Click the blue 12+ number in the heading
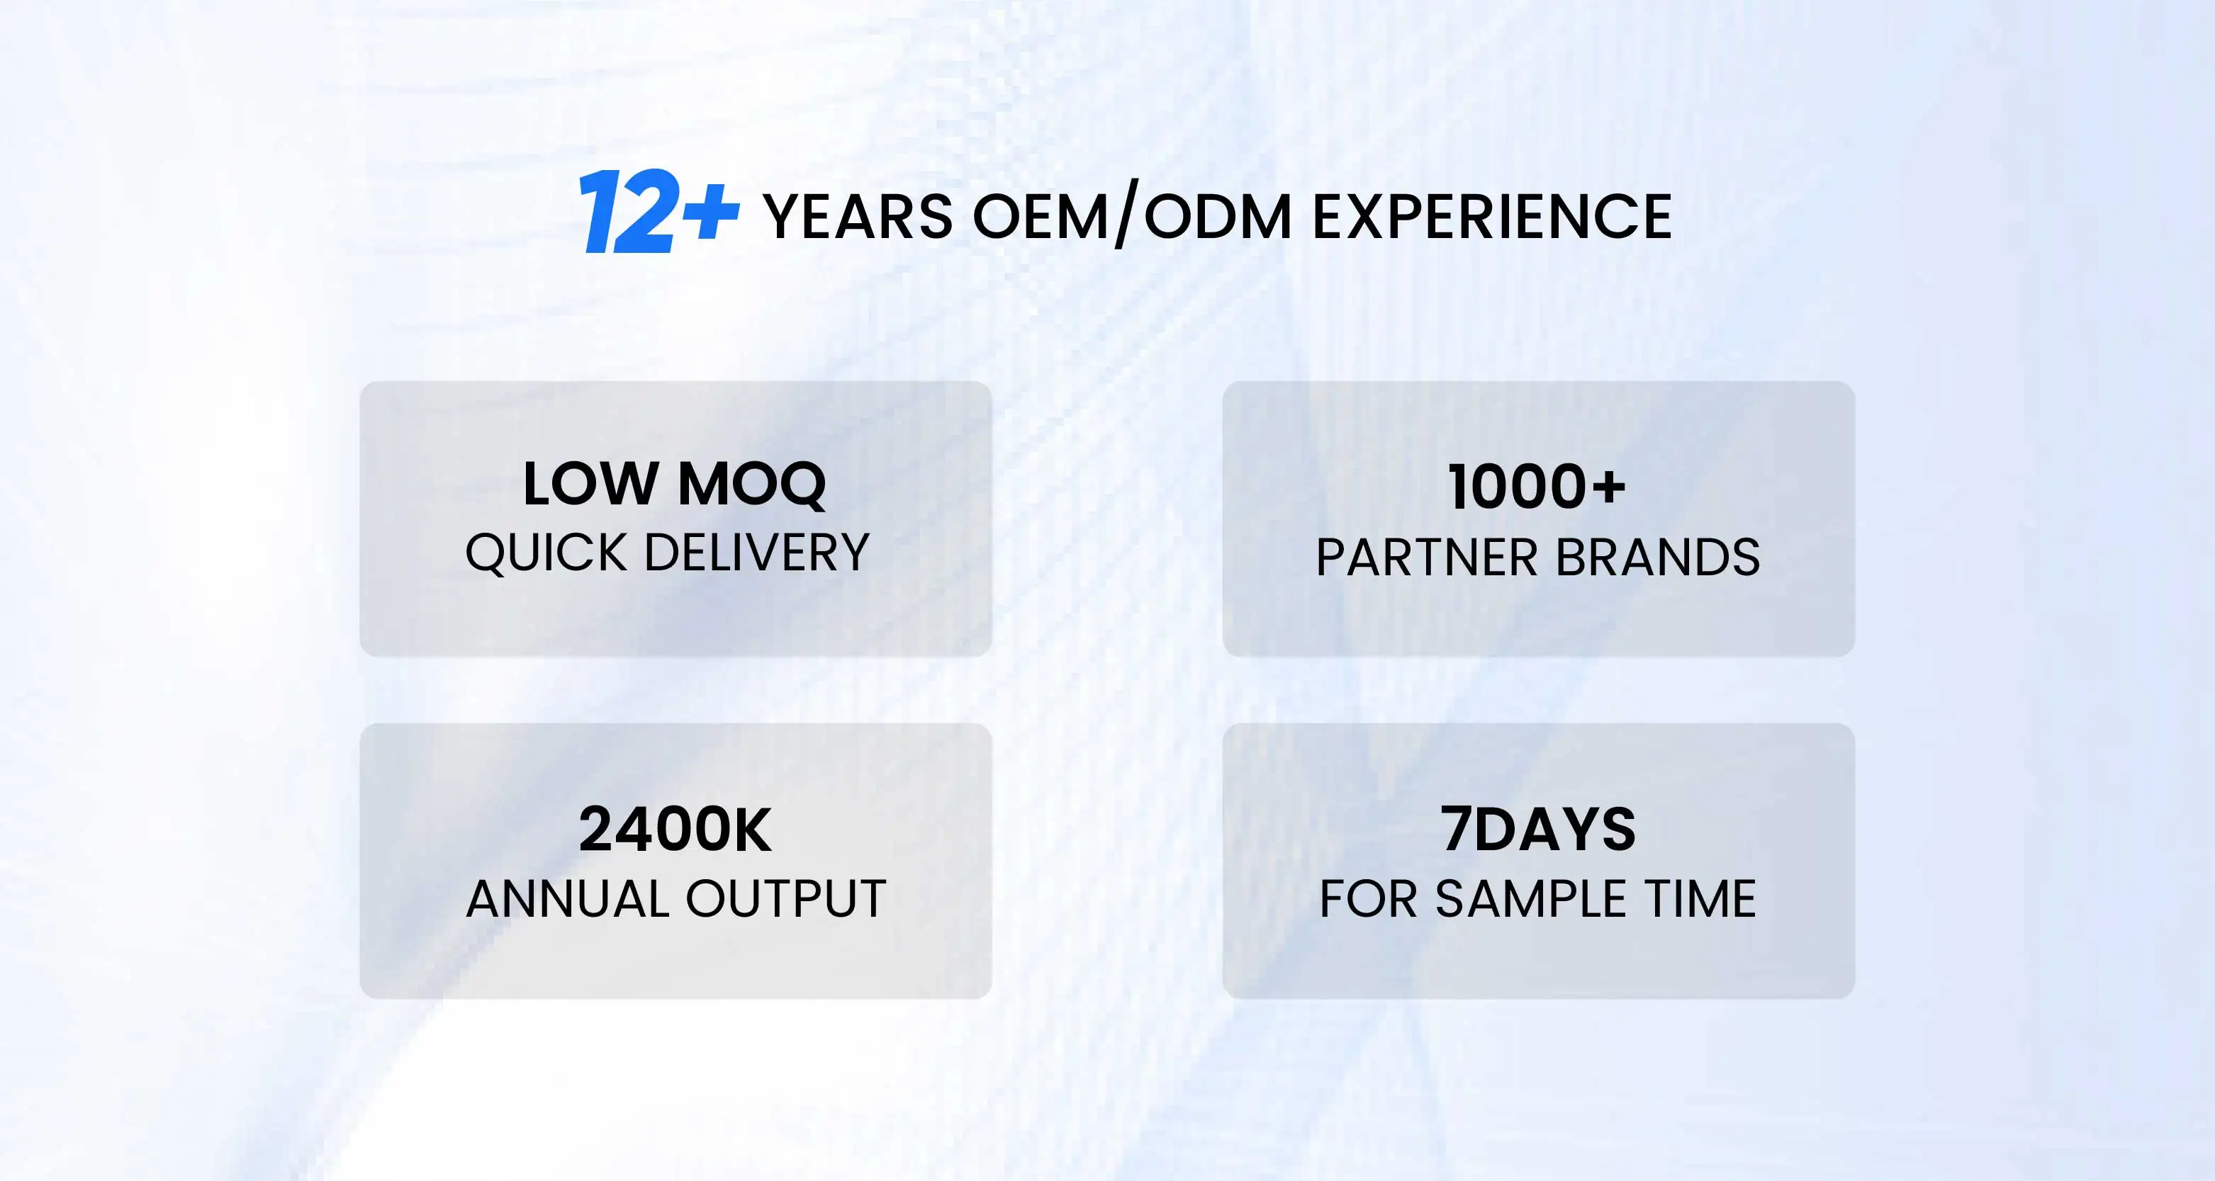pos(658,211)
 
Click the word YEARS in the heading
pos(857,217)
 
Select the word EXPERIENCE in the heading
pos(1492,217)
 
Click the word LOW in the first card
pos(590,484)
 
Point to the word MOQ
pos(752,485)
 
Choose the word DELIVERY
pos(757,552)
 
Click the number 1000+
pos(1537,487)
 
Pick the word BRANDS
pos(1658,558)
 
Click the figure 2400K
pos(675,830)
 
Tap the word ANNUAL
pos(568,899)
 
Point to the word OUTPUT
pos(786,899)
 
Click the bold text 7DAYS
pos(1538,830)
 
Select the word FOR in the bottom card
pos(1368,899)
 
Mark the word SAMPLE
pos(1530,899)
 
